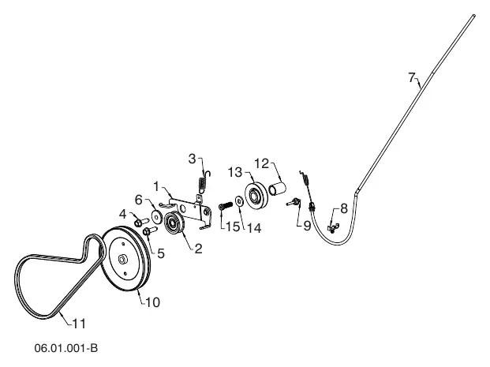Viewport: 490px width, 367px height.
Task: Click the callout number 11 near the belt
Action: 79,324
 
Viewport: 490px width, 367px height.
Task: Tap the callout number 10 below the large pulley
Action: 153,302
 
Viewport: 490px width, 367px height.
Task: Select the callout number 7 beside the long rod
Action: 412,77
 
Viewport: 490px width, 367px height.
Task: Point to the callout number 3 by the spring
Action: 193,159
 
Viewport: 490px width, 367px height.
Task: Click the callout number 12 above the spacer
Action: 261,163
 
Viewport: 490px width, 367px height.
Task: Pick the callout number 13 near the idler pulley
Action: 235,172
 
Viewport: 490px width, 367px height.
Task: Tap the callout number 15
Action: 233,227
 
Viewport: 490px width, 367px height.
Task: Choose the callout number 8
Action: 344,208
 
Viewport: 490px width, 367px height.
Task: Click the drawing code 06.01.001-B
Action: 66,348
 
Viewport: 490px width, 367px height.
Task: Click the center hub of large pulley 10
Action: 122,259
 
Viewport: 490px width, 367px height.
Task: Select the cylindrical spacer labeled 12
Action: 278,189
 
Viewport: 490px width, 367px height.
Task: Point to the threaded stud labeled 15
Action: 226,206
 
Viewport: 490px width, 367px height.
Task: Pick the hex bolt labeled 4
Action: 141,223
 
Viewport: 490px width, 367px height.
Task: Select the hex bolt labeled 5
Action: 150,231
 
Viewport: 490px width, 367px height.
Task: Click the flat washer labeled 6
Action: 157,216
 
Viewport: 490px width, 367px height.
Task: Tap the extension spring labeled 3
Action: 204,182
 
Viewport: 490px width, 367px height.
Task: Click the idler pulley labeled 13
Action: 256,195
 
